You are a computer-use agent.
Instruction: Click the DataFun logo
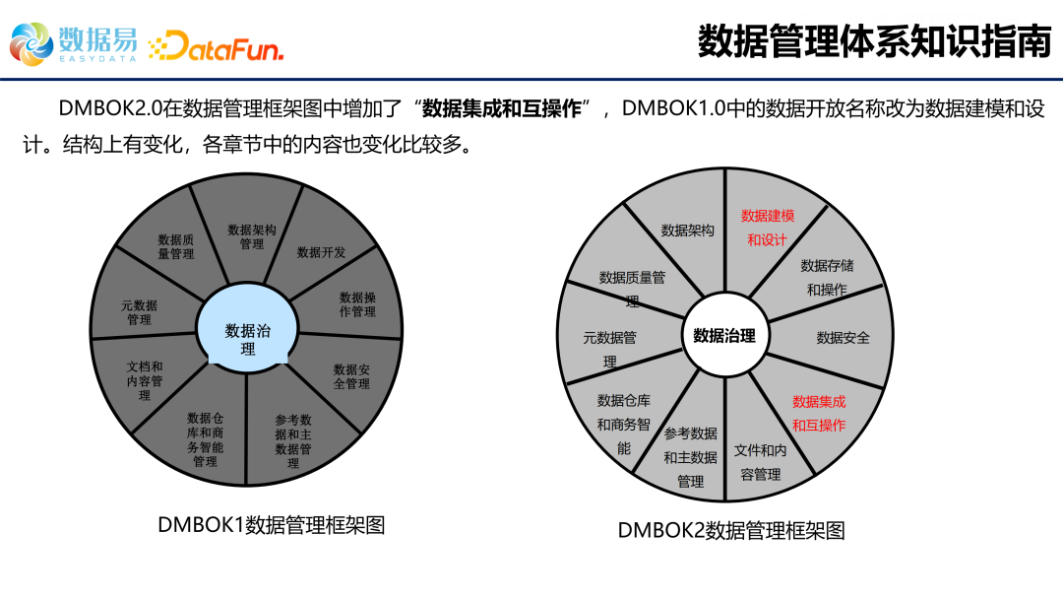216,45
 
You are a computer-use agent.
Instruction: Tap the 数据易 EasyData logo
74,42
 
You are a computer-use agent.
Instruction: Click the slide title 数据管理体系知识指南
874,42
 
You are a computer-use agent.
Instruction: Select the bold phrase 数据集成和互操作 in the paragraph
502,108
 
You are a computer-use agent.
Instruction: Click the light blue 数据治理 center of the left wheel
248,339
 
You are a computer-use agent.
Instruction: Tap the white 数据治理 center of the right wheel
724,336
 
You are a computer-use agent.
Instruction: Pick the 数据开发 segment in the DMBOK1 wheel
322,252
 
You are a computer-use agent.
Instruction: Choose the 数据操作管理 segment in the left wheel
357,304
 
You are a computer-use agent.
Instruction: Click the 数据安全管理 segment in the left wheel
351,376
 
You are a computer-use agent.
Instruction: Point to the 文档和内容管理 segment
145,380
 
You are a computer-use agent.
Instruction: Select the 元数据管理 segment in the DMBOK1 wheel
139,312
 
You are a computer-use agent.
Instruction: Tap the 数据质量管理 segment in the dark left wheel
175,246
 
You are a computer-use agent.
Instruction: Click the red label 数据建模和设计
768,228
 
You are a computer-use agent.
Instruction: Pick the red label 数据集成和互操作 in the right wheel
819,413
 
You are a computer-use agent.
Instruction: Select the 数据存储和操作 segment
827,277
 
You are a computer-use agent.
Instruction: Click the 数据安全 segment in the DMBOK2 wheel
844,338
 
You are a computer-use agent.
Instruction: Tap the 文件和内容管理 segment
760,461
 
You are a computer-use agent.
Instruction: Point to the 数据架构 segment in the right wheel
687,231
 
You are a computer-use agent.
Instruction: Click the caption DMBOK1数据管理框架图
271,525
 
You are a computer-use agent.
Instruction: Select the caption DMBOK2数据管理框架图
731,530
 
